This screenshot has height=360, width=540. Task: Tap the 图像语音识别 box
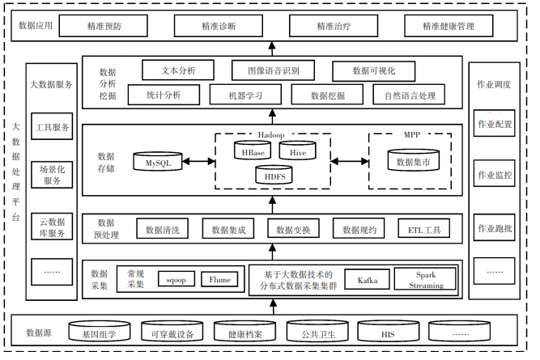click(x=274, y=70)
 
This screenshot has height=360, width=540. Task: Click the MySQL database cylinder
click(x=158, y=161)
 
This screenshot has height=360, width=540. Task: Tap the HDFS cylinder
click(x=274, y=174)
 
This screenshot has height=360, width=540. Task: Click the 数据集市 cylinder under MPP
click(x=412, y=160)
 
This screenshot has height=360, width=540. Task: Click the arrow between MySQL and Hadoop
click(x=199, y=162)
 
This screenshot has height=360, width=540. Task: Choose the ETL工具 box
click(x=424, y=230)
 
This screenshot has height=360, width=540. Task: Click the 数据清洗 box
click(x=162, y=230)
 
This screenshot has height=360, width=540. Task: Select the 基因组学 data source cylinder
click(x=104, y=332)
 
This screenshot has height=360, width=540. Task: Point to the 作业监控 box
click(x=495, y=175)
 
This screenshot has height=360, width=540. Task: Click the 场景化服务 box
click(x=53, y=175)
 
